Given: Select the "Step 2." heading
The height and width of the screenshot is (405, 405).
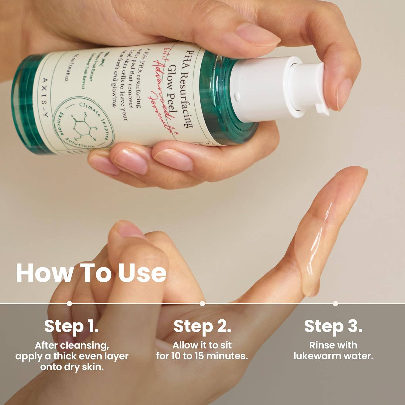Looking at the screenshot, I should click(202, 326).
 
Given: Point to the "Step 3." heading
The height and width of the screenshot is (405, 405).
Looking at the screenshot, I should click(333, 326).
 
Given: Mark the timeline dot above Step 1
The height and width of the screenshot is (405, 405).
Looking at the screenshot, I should click(69, 303).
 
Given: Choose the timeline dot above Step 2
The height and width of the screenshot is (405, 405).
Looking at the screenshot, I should click(202, 303).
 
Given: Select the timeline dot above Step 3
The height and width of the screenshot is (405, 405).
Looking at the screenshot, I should click(335, 303).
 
